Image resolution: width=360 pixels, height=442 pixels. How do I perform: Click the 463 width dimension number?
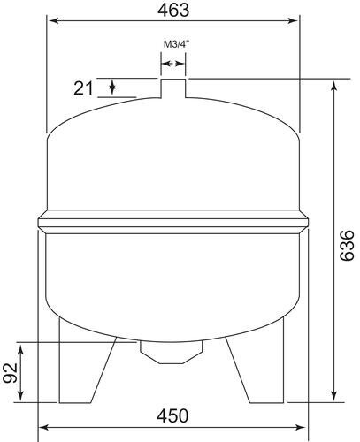coord(173,10)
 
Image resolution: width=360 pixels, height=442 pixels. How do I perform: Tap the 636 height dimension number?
coord(347,246)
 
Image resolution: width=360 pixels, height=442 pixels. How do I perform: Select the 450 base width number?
coord(172,416)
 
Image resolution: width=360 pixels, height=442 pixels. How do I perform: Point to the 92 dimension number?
coord(11,373)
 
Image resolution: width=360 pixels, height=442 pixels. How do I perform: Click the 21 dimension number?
coord(83,88)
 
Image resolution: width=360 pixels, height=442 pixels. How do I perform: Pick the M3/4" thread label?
coord(176,45)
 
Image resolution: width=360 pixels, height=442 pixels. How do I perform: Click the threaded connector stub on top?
coord(173,88)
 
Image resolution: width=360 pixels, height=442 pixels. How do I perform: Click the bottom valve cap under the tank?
coord(172,353)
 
